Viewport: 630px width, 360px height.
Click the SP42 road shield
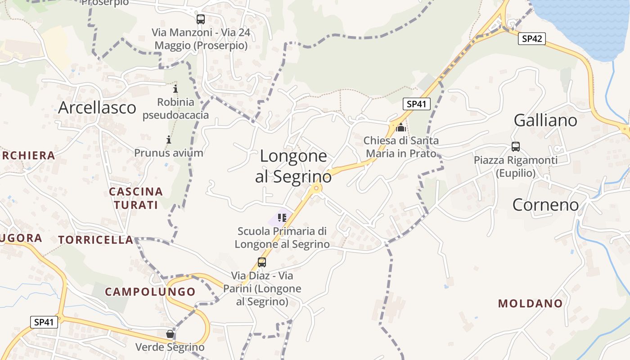pos(531,39)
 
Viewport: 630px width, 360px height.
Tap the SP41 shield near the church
pos(416,104)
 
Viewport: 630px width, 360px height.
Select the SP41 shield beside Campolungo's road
pos(44,322)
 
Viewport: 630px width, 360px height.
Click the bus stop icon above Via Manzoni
pos(201,19)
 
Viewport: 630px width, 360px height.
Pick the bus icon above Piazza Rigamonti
pos(516,147)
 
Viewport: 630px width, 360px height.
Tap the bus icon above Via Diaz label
pos(262,262)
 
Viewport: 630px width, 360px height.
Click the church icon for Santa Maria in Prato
pos(401,127)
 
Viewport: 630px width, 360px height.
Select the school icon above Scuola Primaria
pos(282,218)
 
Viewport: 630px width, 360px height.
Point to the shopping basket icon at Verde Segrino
pos(170,334)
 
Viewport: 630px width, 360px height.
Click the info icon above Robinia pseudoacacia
pos(175,89)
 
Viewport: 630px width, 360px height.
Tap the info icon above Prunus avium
pos(169,139)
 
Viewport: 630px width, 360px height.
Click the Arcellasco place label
pos(97,108)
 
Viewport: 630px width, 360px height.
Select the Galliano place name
pos(545,120)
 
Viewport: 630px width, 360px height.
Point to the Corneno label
pos(546,205)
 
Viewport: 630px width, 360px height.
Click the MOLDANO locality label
pos(530,303)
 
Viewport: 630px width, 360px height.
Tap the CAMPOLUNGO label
pos(150,292)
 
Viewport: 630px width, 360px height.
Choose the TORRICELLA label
pos(95,240)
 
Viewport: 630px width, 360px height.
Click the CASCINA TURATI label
pos(135,198)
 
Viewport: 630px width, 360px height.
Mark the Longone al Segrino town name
pos(293,166)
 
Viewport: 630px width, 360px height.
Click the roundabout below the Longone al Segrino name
pos(316,188)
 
